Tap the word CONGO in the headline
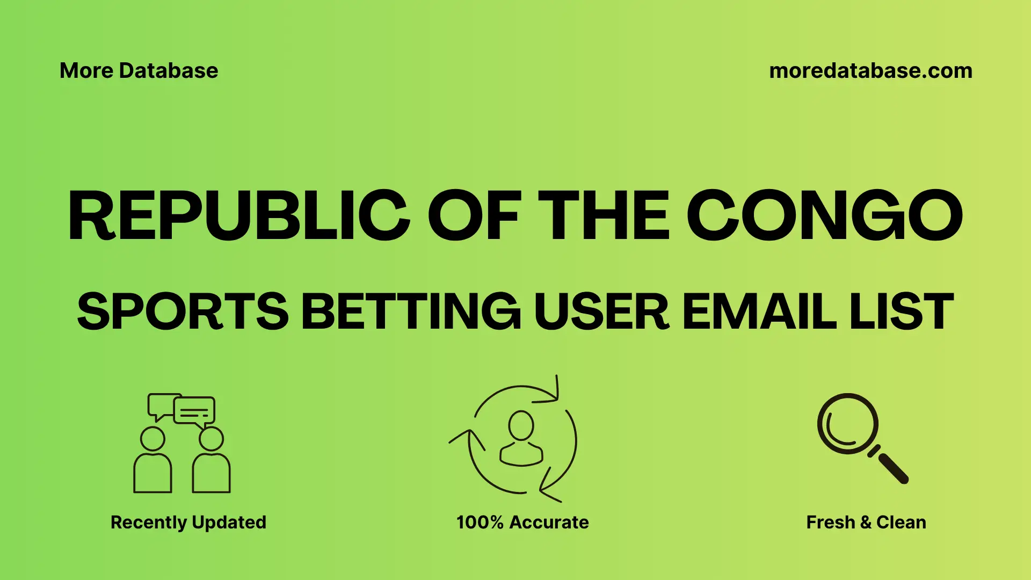(824, 215)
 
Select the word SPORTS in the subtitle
(183, 312)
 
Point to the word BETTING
(411, 312)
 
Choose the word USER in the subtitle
(601, 312)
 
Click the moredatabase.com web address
(870, 71)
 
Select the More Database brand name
(139, 71)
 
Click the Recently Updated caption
(188, 522)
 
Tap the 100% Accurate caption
(522, 522)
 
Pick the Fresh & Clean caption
(866, 522)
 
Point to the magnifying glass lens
(847, 424)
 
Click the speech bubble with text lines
(194, 411)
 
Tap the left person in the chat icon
(153, 462)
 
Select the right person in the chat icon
(211, 462)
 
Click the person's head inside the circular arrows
(521, 426)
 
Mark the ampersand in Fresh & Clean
(865, 522)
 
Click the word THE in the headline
(605, 215)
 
